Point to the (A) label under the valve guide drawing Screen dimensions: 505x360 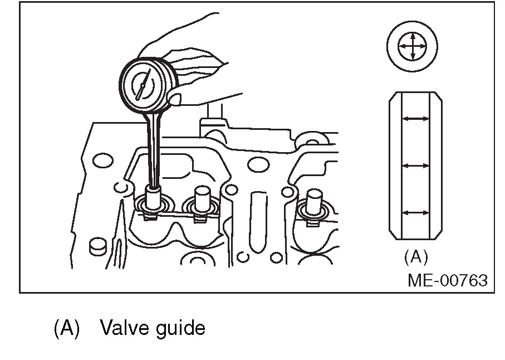[415, 257]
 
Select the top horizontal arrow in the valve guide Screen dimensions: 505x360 [415, 119]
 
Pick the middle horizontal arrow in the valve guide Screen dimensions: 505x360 [415, 166]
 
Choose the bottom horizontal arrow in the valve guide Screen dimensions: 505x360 [415, 212]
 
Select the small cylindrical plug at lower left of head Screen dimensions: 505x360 [97, 245]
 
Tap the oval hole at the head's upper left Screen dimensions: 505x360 [102, 161]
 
